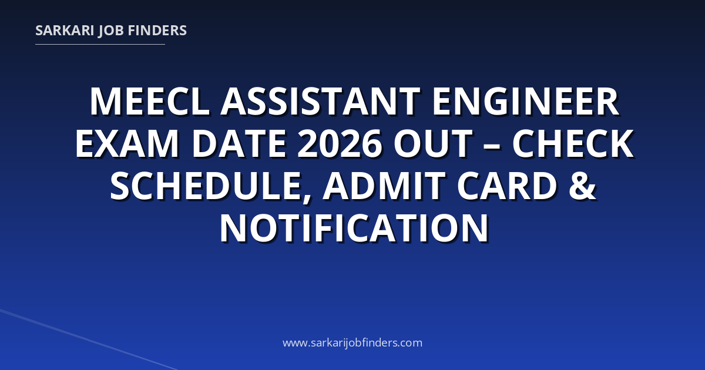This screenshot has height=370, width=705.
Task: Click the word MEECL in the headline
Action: click(150, 101)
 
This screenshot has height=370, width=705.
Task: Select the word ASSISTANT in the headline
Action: click(320, 101)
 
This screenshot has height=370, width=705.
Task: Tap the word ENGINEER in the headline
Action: click(526, 101)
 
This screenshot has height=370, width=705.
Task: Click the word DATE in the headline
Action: click(239, 143)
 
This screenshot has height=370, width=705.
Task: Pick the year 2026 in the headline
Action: click(340, 143)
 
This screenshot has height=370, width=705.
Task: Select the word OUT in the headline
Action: click(433, 143)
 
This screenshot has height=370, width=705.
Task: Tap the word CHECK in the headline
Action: click(573, 143)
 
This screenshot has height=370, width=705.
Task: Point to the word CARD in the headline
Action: click(506, 186)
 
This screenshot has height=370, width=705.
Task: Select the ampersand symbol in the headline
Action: click(583, 186)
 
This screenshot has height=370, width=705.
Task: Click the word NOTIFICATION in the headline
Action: click(354, 228)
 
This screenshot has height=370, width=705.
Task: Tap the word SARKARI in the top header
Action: click(65, 31)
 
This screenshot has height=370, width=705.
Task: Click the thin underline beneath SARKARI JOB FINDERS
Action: click(100, 45)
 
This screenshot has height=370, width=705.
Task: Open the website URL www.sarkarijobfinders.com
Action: click(352, 342)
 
